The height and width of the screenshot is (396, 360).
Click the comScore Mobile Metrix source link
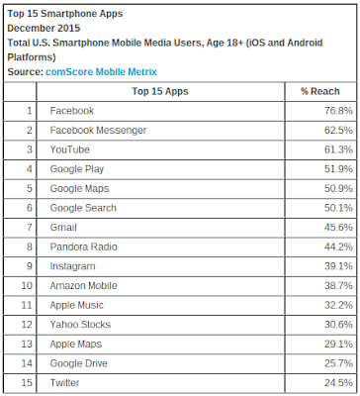[x=101, y=71]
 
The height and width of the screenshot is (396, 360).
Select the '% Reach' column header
[x=320, y=91]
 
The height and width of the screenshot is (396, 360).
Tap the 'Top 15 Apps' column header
[x=160, y=91]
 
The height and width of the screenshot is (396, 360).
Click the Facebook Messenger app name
[x=98, y=131]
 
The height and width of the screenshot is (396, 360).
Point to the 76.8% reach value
[x=338, y=111]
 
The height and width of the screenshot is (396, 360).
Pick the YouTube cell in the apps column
[x=70, y=149]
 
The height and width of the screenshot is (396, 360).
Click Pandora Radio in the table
[x=84, y=247]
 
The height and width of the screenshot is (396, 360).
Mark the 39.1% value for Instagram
[x=338, y=266]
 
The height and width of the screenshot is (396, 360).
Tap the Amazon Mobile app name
[x=84, y=286]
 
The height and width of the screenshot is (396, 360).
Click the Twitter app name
[x=64, y=383]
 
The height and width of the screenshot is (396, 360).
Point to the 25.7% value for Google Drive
[x=338, y=363]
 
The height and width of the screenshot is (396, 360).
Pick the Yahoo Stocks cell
[x=80, y=325]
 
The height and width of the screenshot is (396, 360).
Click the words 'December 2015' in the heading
[x=44, y=28]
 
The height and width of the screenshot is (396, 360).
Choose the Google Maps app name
[x=79, y=188]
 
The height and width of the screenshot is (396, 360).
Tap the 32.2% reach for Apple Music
[x=338, y=305]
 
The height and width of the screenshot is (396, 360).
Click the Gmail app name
[x=63, y=228]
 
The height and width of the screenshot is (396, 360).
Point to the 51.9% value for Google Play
[x=338, y=169]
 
